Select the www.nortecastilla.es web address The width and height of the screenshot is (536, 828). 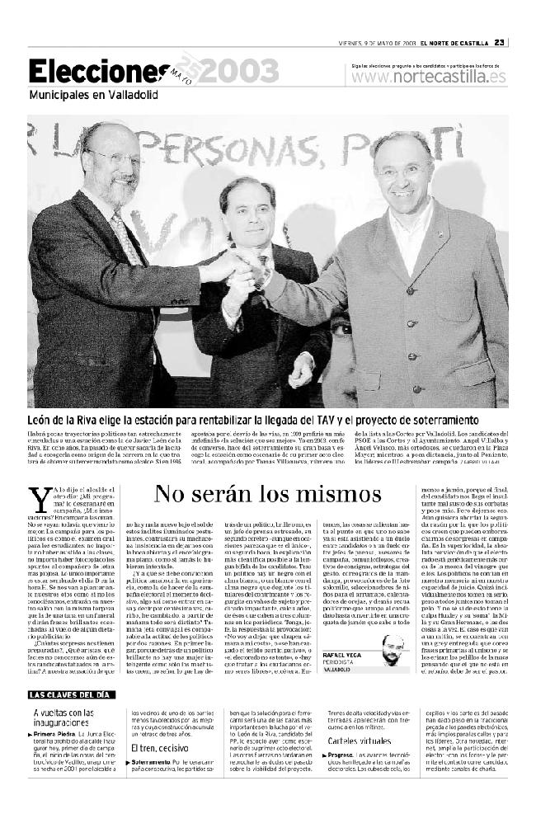tap(428, 77)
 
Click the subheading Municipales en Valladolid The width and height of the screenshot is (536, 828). tap(92, 95)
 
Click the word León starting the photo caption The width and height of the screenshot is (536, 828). tap(43, 419)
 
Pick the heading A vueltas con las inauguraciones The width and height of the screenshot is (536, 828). tap(65, 717)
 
